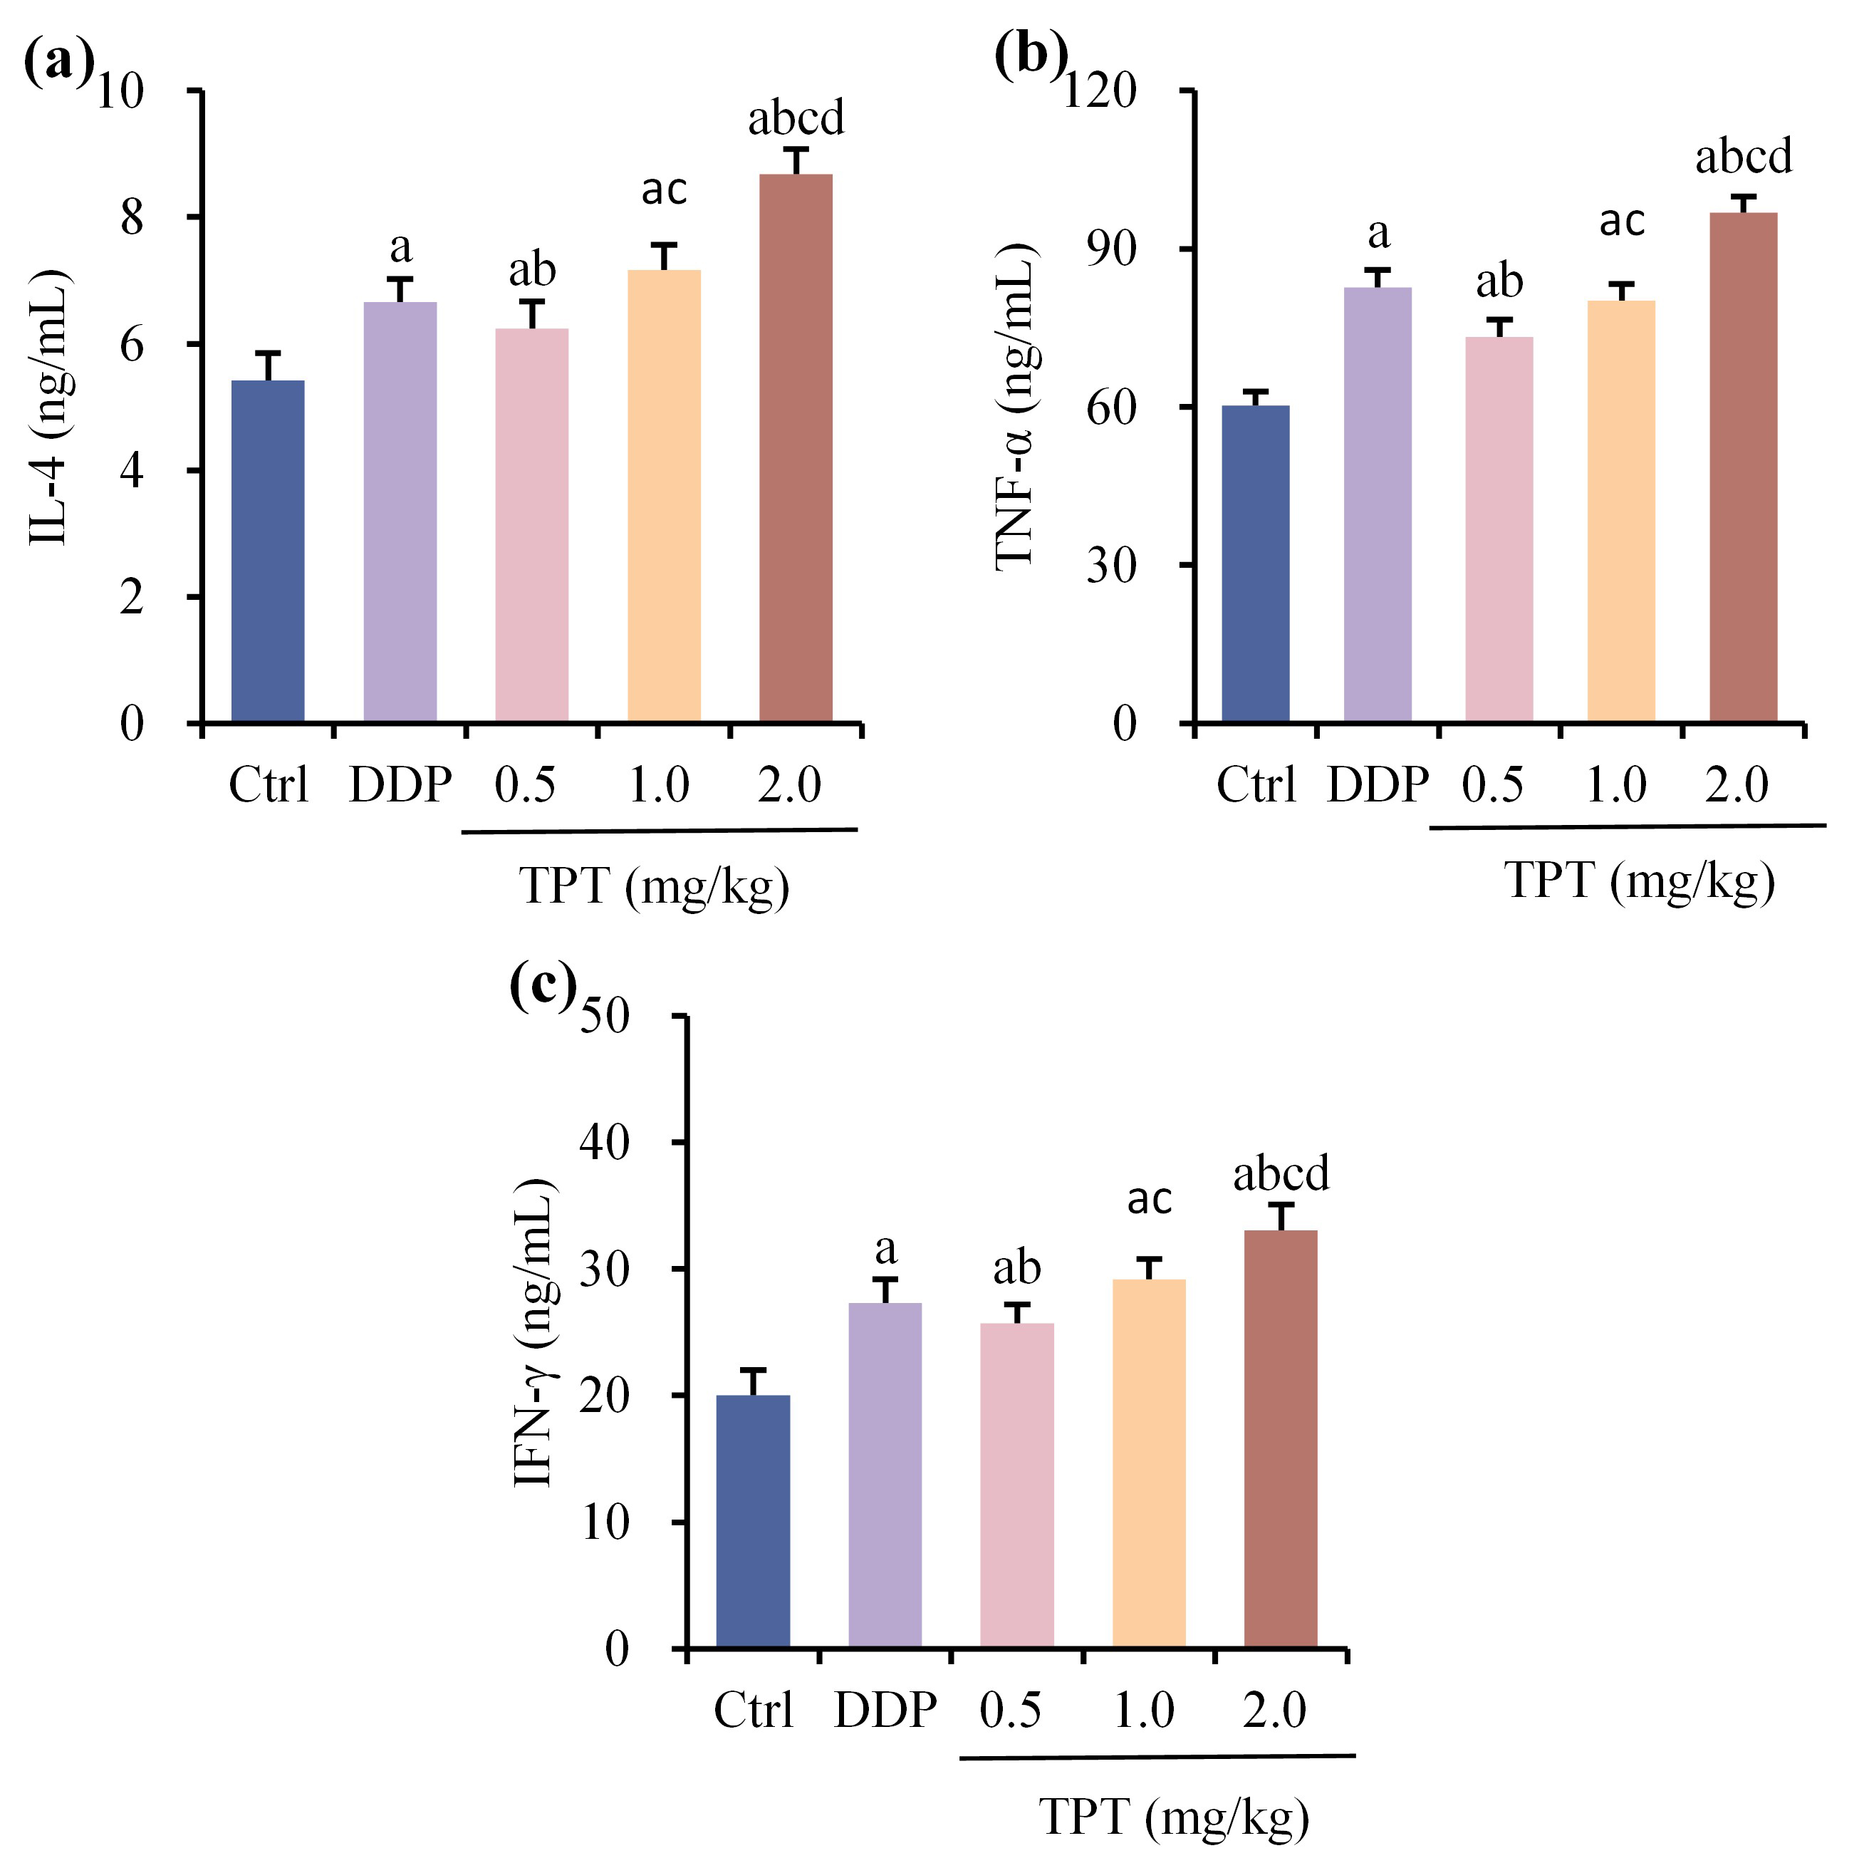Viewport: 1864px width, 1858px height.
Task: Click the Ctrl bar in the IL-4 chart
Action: click(269, 551)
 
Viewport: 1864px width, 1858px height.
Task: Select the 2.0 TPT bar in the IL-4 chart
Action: click(796, 448)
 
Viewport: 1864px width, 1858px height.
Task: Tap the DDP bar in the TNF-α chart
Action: click(1377, 505)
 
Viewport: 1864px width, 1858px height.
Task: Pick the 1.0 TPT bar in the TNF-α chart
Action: click(1621, 512)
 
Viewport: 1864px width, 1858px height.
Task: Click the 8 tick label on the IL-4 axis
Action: click(132, 218)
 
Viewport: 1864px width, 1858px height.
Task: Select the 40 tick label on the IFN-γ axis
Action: click(604, 1143)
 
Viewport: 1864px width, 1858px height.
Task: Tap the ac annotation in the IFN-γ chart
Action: click(1149, 1199)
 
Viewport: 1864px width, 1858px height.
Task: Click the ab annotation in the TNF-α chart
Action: click(1499, 282)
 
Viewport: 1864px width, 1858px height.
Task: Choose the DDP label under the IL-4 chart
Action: click(400, 784)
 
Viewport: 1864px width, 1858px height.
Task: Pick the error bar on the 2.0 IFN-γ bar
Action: click(1280, 1216)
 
